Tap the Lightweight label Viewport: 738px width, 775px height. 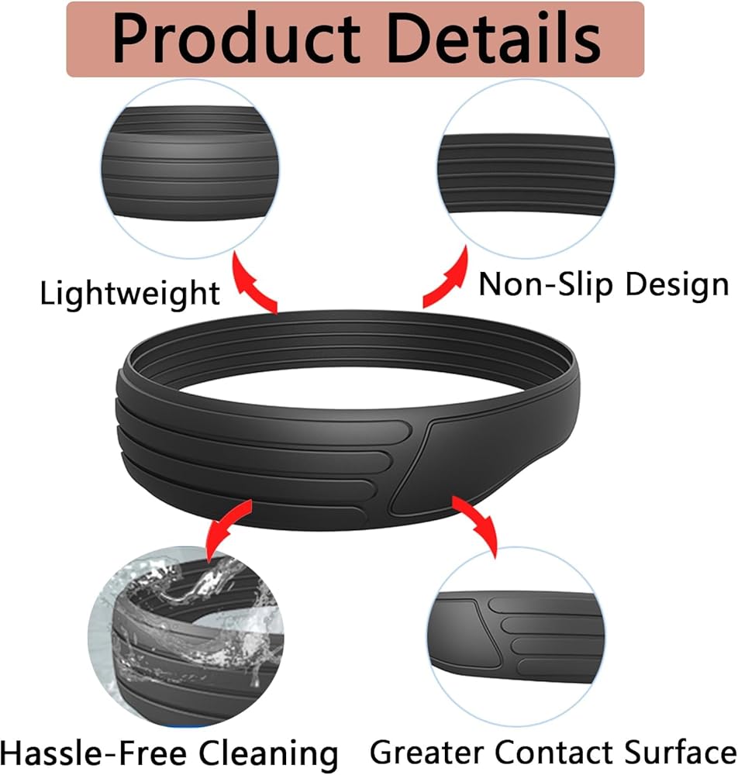(x=129, y=293)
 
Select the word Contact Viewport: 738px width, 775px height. (x=547, y=751)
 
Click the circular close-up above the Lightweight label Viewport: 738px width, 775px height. (x=189, y=167)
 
